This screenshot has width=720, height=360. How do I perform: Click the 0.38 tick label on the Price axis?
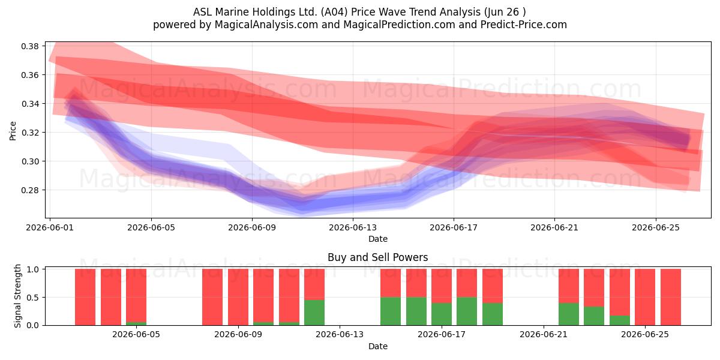point(30,46)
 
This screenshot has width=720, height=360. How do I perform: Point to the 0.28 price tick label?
point(30,190)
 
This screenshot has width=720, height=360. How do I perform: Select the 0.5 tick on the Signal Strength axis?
point(33,298)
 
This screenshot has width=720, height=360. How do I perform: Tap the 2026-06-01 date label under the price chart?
point(50,227)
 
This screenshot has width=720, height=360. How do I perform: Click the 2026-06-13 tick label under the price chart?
point(353,227)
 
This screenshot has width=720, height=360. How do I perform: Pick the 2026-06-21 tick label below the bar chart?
point(544,335)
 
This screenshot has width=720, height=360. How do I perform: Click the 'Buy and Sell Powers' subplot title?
point(377,257)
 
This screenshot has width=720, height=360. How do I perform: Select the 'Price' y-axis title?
point(13,131)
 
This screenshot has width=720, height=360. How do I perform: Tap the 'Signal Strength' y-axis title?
point(17,296)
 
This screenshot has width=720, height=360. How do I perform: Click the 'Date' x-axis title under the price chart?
point(377,239)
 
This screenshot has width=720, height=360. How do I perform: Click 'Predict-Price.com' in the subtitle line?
point(524,25)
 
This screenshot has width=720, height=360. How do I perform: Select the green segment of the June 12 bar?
point(314,313)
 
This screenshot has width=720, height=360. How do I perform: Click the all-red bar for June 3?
point(111,297)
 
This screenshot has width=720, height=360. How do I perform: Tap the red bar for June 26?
point(671,297)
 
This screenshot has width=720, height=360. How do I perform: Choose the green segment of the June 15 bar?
point(391,311)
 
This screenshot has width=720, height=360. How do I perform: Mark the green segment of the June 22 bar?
point(569,314)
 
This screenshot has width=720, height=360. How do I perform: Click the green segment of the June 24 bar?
point(620,320)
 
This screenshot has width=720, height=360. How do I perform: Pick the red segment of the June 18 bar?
point(467,283)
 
